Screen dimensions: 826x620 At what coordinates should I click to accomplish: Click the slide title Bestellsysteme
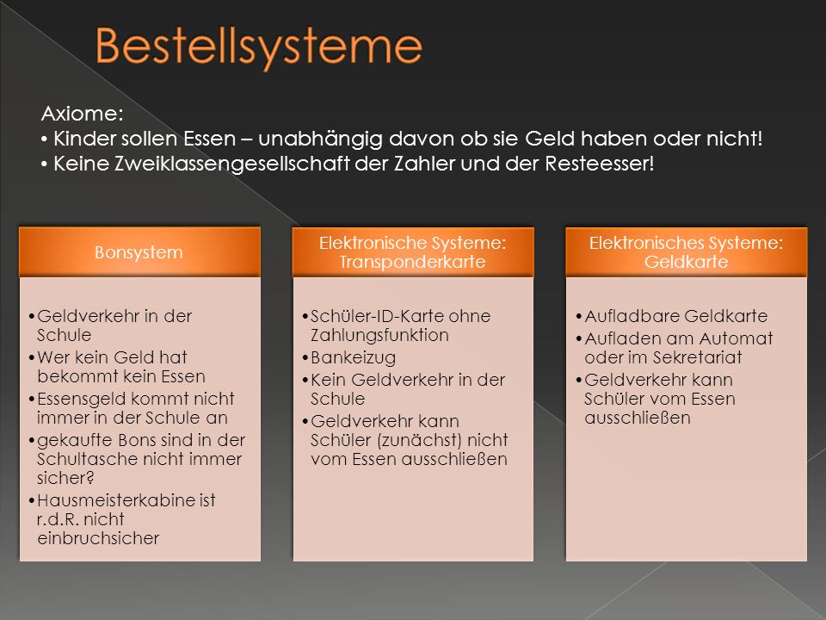click(259, 47)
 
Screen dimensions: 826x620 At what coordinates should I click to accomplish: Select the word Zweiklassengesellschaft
click(232, 164)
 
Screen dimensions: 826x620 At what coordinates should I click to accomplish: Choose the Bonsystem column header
click(139, 252)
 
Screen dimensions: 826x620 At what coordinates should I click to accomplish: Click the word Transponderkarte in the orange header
click(412, 262)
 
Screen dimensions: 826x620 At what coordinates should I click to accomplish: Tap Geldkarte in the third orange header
click(687, 262)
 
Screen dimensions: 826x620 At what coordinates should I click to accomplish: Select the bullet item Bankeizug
click(353, 357)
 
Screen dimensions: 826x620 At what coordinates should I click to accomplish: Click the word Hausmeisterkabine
click(116, 499)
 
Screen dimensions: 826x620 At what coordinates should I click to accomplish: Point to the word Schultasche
click(84, 459)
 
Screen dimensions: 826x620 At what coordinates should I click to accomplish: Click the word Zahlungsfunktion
click(379, 335)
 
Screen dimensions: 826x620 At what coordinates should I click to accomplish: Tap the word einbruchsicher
click(98, 538)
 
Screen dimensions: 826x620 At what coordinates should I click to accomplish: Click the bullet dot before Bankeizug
click(305, 358)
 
